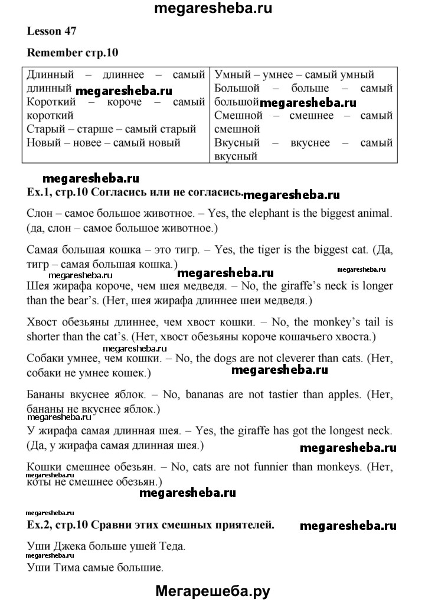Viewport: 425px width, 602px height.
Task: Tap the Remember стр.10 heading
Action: coord(73,52)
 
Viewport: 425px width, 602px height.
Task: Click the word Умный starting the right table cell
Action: coord(234,75)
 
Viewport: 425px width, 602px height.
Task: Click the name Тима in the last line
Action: coord(67,568)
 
